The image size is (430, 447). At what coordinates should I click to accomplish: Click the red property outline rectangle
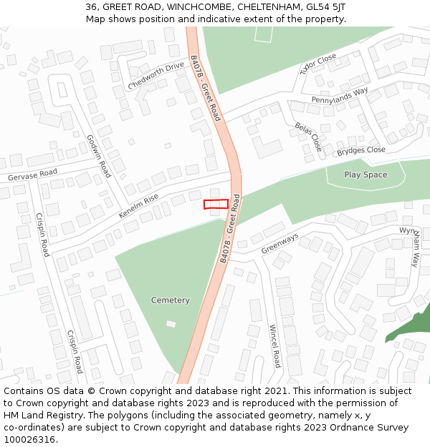click(x=216, y=204)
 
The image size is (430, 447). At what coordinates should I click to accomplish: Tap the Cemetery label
click(x=171, y=300)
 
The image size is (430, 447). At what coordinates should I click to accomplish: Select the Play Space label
click(x=365, y=175)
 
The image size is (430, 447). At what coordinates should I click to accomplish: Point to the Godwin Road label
click(x=99, y=156)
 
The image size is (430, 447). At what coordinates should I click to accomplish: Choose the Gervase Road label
click(x=32, y=175)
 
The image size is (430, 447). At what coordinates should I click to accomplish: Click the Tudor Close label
click(x=318, y=64)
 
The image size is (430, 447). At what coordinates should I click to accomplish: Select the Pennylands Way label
click(x=339, y=95)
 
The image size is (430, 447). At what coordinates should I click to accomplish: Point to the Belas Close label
click(x=309, y=137)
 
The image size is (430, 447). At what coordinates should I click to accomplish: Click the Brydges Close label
click(x=361, y=151)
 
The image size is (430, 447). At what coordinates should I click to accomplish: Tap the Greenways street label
click(x=279, y=243)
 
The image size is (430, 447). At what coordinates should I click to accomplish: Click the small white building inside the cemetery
click(x=171, y=324)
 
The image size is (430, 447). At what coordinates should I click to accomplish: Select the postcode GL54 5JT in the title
click(x=325, y=7)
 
